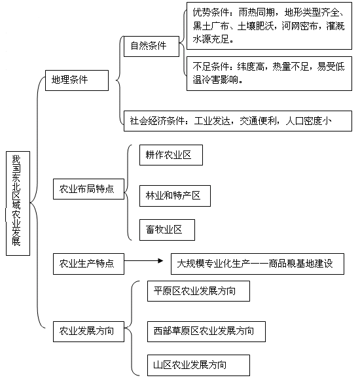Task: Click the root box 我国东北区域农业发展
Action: click(18, 203)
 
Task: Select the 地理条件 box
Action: click(77, 80)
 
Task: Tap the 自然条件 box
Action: click(151, 46)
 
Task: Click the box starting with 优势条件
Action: click(269, 26)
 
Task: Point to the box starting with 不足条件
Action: click(269, 73)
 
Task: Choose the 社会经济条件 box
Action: click(238, 121)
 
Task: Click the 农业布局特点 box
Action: click(88, 189)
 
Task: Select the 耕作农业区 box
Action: click(171, 155)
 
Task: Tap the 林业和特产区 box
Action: click(175, 196)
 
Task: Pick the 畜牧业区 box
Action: click(167, 230)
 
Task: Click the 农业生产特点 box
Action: click(88, 264)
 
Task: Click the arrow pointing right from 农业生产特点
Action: click(143, 260)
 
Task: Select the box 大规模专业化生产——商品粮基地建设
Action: click(257, 264)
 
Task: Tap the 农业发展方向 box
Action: click(88, 332)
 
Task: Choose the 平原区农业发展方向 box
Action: click(198, 291)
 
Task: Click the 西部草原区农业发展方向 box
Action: click(206, 332)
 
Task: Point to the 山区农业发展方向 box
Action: click(198, 365)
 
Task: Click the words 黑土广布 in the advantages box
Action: click(211, 26)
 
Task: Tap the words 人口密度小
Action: click(308, 121)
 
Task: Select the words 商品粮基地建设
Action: click(300, 264)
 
